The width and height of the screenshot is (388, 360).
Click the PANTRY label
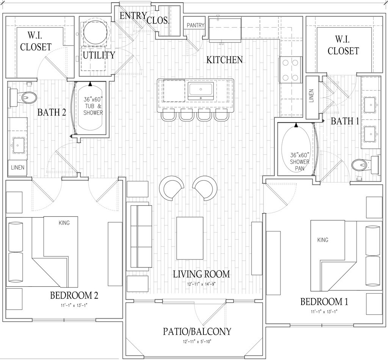tap(196, 25)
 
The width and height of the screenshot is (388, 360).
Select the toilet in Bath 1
tap(365, 165)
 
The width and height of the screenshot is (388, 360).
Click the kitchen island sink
tap(200, 91)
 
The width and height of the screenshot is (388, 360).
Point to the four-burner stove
tap(291, 70)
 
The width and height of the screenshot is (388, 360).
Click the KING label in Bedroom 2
tap(64, 223)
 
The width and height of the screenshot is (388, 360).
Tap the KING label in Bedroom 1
tap(323, 240)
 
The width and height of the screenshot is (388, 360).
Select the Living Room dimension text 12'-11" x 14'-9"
tap(202, 285)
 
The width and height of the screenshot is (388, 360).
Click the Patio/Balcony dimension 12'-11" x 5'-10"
tap(197, 342)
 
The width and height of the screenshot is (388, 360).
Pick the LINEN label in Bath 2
tap(18, 168)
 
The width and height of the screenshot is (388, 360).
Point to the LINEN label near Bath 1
tap(311, 96)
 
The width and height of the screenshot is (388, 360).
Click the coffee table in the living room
tap(190, 238)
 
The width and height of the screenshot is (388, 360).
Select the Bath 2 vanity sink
tap(19, 146)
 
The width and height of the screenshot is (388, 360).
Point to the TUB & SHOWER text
tap(93, 109)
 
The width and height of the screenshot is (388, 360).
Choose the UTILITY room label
tap(99, 55)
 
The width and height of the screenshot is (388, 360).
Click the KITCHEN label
tap(225, 60)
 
